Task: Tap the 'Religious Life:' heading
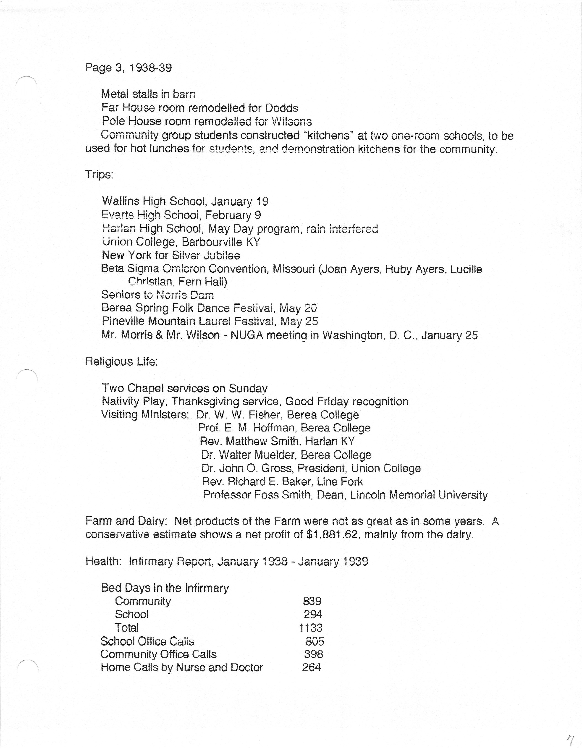(x=121, y=362)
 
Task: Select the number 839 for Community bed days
(x=312, y=601)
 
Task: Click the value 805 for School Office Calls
(x=315, y=641)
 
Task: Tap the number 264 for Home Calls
(x=312, y=667)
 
